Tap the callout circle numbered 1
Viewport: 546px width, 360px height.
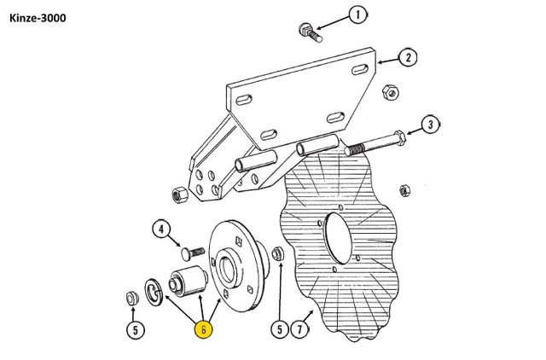[x=359, y=15]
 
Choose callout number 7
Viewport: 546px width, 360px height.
[x=300, y=328]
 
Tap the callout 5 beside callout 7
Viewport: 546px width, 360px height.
[x=277, y=328]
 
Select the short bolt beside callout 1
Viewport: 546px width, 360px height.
[x=308, y=33]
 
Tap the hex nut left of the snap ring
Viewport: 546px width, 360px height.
[x=131, y=299]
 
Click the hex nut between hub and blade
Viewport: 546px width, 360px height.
[x=277, y=253]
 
